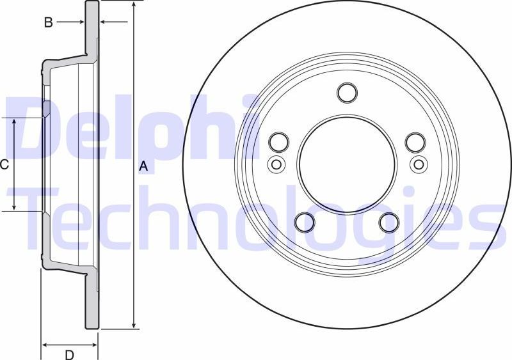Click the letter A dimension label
(x=144, y=166)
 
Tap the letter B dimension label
(x=48, y=22)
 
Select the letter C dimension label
(x=4, y=165)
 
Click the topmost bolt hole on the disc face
(x=347, y=93)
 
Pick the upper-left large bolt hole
(x=279, y=141)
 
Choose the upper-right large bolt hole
(x=415, y=141)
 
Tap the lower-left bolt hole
(x=305, y=222)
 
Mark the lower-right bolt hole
(x=389, y=222)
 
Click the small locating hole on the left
(x=276, y=164)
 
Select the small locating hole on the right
(x=419, y=164)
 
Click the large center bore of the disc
(x=347, y=164)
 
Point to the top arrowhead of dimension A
(x=133, y=5)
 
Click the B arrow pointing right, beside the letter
(x=80, y=22)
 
